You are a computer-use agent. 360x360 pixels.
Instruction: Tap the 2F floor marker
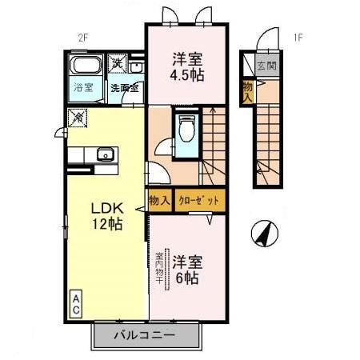click(82, 37)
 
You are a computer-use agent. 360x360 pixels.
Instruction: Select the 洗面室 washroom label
click(124, 88)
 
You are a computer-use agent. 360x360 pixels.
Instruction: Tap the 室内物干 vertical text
click(158, 270)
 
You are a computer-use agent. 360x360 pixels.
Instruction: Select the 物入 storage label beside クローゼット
click(158, 201)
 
